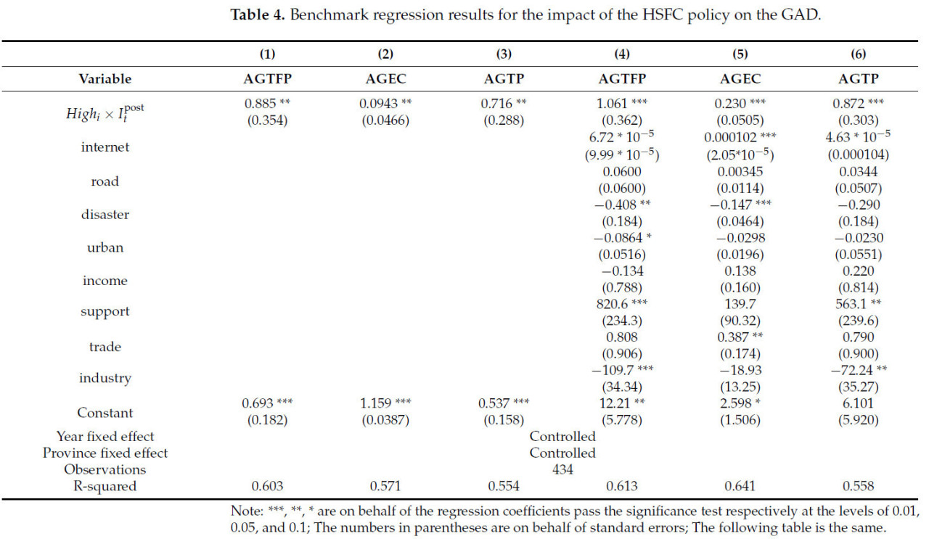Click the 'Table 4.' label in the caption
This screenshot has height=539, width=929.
[258, 15]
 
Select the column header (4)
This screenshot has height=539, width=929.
[621, 54]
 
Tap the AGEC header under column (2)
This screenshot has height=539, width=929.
[384, 78]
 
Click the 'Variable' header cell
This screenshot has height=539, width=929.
[105, 78]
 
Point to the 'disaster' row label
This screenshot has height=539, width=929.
[105, 215]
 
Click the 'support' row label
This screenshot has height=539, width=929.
[105, 311]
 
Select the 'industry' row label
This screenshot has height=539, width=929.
[105, 378]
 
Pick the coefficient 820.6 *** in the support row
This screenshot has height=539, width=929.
[621, 304]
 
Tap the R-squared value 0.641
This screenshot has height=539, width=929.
[740, 486]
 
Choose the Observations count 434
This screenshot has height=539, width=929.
[562, 469]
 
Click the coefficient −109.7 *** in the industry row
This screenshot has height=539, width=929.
[621, 370]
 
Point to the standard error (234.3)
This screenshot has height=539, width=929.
[621, 321]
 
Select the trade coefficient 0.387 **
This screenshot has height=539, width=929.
[740, 337]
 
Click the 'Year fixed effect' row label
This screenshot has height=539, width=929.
[105, 437]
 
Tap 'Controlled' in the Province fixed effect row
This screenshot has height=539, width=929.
[562, 453]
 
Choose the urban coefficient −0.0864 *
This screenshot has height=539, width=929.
[621, 238]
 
